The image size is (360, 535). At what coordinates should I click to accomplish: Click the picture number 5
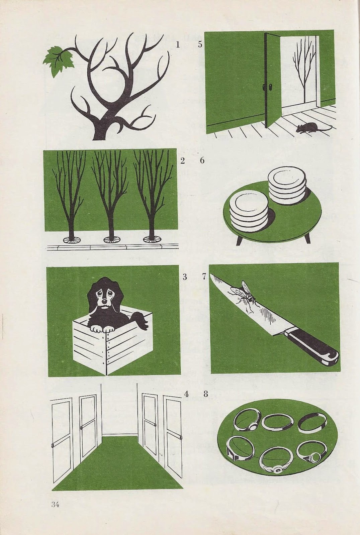point(200,45)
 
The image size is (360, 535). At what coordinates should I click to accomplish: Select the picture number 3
point(184,277)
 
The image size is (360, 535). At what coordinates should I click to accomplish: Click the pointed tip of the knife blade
point(210,275)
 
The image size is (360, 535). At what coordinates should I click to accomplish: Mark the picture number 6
point(202,160)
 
